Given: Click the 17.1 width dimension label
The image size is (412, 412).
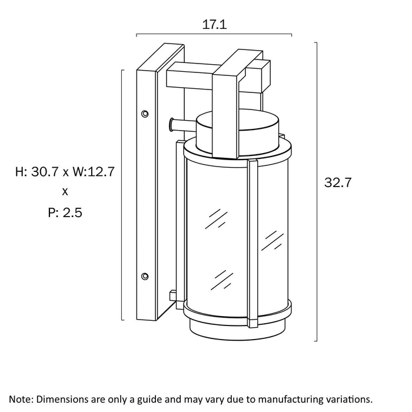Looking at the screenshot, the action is tap(214, 25).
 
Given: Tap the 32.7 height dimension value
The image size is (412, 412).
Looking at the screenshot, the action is tap(338, 182).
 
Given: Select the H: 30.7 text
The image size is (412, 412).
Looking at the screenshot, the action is tap(36, 172).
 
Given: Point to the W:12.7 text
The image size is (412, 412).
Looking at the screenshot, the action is tap(94, 172).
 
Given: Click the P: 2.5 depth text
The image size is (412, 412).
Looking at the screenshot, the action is tap(65, 212).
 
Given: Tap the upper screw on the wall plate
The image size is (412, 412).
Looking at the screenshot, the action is tap(145, 114).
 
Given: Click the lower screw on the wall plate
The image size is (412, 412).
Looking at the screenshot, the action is tap(145, 276).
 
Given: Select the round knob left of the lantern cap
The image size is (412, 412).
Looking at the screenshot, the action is tap(172, 125).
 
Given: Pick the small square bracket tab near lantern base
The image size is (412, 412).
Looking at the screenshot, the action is tap(173, 295).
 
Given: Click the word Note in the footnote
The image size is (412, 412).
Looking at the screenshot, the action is tap(21, 399).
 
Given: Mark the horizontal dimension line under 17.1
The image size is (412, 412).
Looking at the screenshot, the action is tap(214, 34).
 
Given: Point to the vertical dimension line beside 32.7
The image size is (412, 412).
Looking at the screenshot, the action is tap(317, 191).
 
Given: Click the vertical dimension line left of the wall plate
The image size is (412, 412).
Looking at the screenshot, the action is tap(122, 195).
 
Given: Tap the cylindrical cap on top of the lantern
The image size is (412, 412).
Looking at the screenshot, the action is tap(238, 132).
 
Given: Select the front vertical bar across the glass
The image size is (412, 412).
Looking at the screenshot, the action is tap(252, 243).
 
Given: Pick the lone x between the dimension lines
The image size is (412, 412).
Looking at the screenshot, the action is tap(65, 192).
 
